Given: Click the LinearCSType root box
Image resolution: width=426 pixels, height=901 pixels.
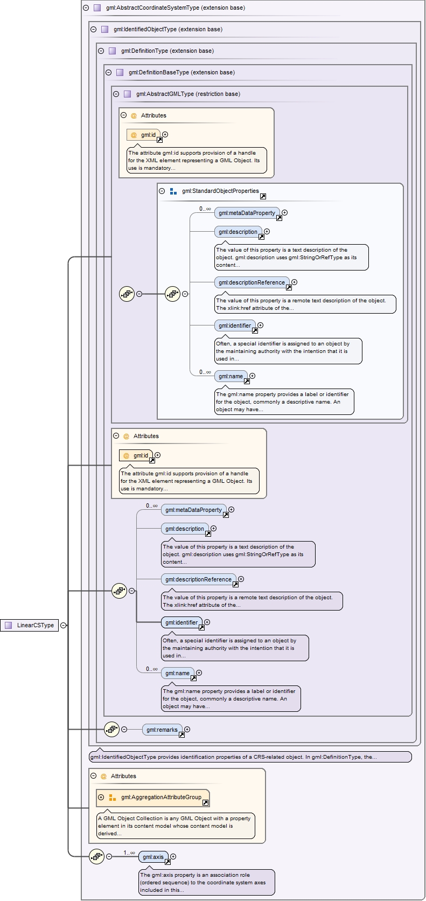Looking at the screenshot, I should (30, 625).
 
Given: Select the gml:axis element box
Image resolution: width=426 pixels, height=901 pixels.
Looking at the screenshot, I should (153, 857).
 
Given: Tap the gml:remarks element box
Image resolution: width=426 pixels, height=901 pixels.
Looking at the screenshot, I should (162, 730).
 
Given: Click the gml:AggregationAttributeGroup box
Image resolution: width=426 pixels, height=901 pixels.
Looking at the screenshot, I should (160, 798).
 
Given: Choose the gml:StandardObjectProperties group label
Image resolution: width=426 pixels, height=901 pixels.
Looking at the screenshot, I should (220, 191).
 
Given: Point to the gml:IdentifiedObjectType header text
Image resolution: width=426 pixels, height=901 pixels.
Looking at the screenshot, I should (167, 29).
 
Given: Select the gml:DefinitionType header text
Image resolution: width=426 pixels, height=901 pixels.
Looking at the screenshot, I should (167, 51).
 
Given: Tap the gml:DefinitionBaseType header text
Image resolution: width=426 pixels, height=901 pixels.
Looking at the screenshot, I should (181, 72).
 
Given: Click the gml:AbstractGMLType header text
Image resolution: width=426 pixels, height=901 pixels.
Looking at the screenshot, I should (188, 94).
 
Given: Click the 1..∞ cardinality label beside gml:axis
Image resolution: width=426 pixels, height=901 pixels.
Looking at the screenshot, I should (129, 853).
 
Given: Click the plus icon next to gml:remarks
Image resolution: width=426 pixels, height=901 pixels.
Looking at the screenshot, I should (187, 730).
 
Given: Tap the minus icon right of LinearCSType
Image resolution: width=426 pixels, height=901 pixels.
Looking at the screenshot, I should (64, 625).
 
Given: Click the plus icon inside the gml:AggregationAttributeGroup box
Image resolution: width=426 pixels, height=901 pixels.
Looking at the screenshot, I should (101, 797).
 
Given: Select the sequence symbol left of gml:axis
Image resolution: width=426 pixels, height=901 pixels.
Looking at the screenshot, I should (96, 856).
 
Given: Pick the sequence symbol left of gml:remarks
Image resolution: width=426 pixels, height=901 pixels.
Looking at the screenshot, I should (111, 729).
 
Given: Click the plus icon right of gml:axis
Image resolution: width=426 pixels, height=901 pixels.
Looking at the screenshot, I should (173, 856).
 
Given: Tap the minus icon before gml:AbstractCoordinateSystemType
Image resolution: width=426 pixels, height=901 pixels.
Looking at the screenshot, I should (86, 8).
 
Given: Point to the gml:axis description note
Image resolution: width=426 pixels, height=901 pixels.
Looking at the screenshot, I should (207, 882).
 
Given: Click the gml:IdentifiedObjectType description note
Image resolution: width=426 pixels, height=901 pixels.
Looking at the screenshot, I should (250, 757).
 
